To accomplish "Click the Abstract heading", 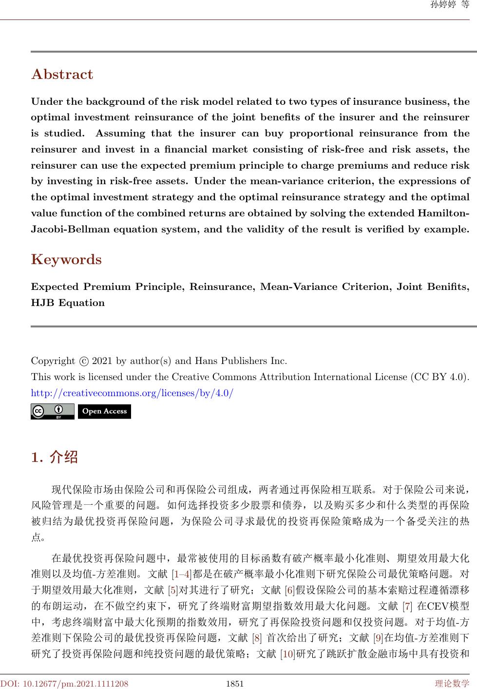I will point(62,75).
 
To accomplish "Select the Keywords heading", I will point(66,259).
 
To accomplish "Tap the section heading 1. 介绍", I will point(54,458).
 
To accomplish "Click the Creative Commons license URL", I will point(132,392).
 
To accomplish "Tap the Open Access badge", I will point(104,411).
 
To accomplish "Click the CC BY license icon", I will point(52,411).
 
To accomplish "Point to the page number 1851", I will point(235,684).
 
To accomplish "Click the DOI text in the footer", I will point(64,684).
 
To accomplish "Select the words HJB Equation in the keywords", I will point(68,303).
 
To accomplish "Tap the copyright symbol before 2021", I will point(84,362).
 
